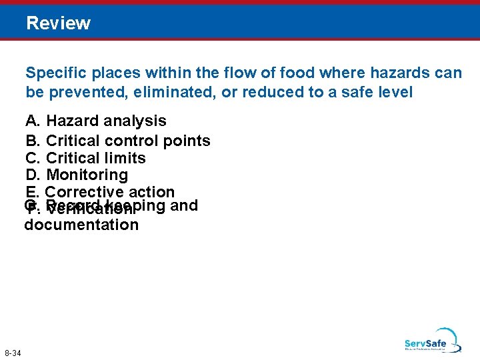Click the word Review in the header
(x=59, y=23)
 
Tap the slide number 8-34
(x=12, y=353)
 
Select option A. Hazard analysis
(x=96, y=121)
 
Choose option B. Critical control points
(x=118, y=141)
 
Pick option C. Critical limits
(x=85, y=158)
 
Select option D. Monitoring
(x=77, y=175)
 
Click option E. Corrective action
(x=100, y=192)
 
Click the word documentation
(x=81, y=225)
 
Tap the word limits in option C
(x=125, y=158)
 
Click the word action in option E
(x=153, y=192)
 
